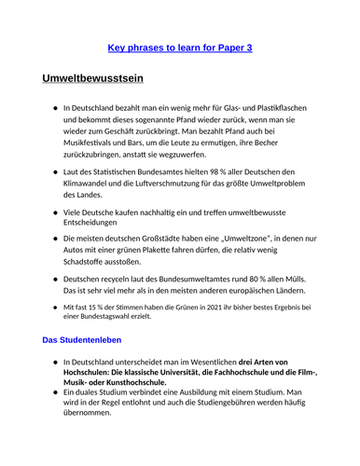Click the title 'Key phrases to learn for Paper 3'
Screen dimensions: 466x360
pyautogui.click(x=179, y=47)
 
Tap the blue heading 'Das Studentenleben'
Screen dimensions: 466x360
pyautogui.click(x=82, y=340)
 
